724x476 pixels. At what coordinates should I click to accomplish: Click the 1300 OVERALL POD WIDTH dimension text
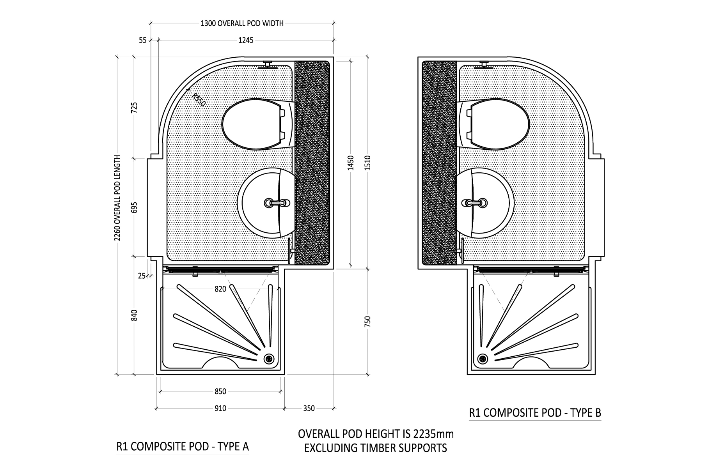coord(242,23)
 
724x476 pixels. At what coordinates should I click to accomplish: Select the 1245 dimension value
coord(245,40)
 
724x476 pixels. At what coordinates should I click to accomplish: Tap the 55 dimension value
coord(142,40)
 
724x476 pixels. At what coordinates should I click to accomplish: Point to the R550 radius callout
coord(198,99)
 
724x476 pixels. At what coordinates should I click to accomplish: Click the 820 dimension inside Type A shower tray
coord(220,289)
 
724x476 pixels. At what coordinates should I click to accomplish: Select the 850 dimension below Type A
coord(220,391)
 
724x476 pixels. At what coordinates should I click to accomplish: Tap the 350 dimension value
coord(309,408)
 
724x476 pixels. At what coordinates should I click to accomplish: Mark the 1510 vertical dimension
coord(367,162)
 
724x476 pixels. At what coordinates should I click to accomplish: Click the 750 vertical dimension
coord(367,322)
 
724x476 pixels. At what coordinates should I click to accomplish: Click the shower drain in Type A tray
coord(269,358)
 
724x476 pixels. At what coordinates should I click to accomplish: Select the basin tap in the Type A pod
coord(277,203)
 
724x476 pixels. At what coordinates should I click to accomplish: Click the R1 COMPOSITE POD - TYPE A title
coord(183,446)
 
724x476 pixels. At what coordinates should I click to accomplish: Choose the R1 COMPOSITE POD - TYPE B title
coord(535,412)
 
